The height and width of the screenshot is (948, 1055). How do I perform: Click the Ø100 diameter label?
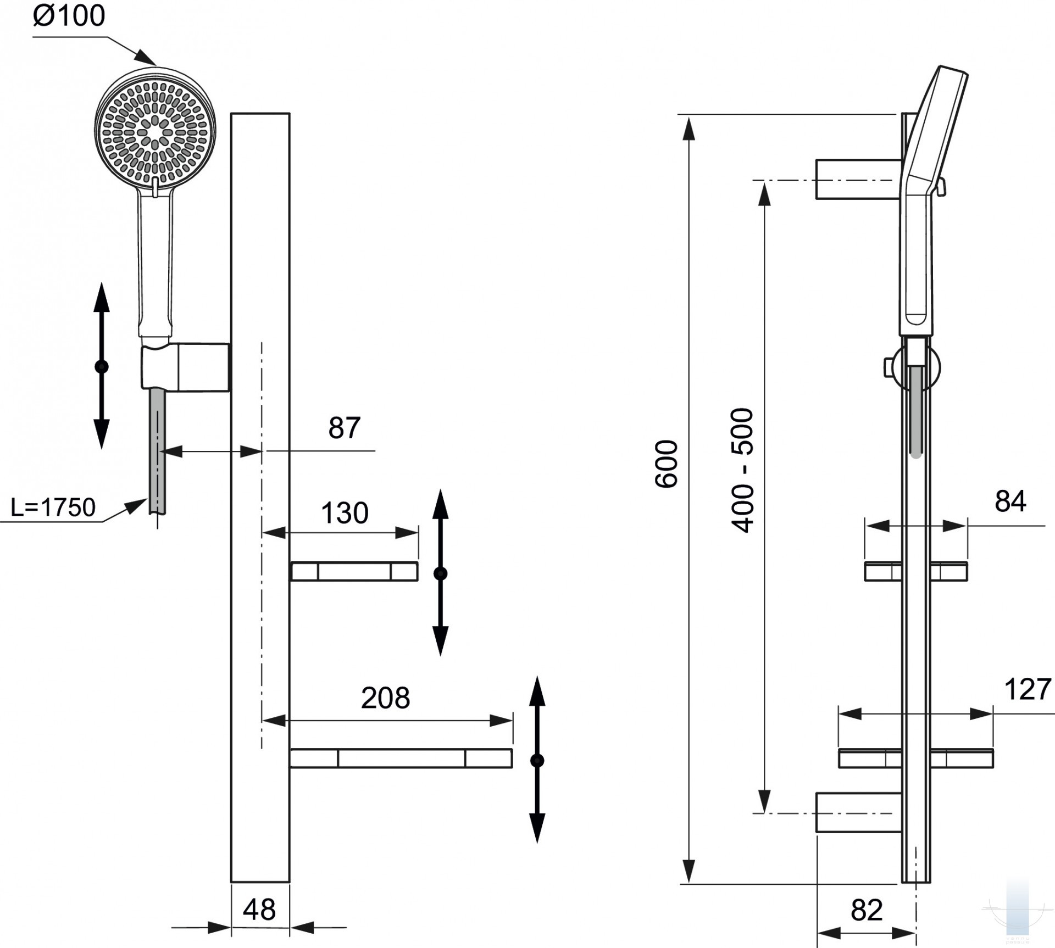69,15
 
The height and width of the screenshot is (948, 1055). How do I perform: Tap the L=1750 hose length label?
53,507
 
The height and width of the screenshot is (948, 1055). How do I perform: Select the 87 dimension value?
344,428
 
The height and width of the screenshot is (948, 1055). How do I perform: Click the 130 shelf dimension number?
345,513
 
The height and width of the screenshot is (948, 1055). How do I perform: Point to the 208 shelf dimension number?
385,698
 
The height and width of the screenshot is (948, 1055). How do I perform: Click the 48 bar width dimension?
259,910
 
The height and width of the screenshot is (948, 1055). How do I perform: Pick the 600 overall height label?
667,464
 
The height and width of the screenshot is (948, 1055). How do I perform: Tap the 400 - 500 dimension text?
743,470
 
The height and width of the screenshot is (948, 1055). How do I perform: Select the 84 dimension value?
1010,501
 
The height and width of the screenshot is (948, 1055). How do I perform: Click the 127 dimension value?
1027,689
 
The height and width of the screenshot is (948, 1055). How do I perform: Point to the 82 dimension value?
867,910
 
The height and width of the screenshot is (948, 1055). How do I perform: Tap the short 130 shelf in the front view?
354,572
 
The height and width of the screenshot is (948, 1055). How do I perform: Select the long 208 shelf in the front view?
401,758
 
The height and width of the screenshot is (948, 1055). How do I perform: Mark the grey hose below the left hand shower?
157,450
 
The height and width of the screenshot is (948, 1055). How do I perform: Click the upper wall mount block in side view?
857,179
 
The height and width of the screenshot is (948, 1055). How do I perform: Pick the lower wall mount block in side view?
857,812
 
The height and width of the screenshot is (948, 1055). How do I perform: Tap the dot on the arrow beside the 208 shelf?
537,760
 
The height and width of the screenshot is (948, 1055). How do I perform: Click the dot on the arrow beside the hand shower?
102,366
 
